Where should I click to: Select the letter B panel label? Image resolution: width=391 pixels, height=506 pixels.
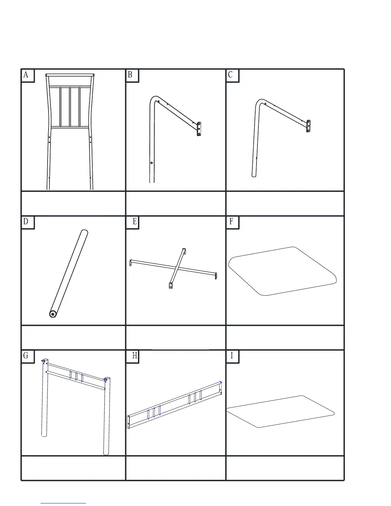pos(130,75)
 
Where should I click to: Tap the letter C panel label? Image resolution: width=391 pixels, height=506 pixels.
pos(231,75)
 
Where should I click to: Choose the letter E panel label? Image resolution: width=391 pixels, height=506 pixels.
pos(135,222)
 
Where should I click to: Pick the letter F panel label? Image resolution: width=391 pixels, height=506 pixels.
pos(231,222)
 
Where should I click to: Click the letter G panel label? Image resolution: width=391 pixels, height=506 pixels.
pos(26,356)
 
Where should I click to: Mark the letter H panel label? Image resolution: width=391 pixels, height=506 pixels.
pos(135,356)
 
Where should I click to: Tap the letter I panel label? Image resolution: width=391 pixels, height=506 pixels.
pos(232,356)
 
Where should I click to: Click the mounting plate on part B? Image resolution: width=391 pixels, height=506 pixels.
pos(199,129)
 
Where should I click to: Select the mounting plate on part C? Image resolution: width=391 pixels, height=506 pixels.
pos(308,126)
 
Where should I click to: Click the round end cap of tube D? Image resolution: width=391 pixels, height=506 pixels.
pos(53,314)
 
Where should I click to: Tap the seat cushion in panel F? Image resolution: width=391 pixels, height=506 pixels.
pos(283,271)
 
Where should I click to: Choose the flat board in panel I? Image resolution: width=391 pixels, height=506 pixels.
pos(280,411)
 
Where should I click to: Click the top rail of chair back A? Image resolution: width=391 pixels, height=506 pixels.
pos(70,75)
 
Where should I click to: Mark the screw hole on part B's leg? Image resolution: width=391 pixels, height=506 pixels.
pos(152,163)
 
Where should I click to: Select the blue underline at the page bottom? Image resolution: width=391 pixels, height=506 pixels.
pos(63,503)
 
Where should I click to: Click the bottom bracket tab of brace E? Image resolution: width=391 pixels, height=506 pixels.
pos(170,285)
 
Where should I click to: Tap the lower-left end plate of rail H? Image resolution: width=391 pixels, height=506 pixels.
pos(129,422)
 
